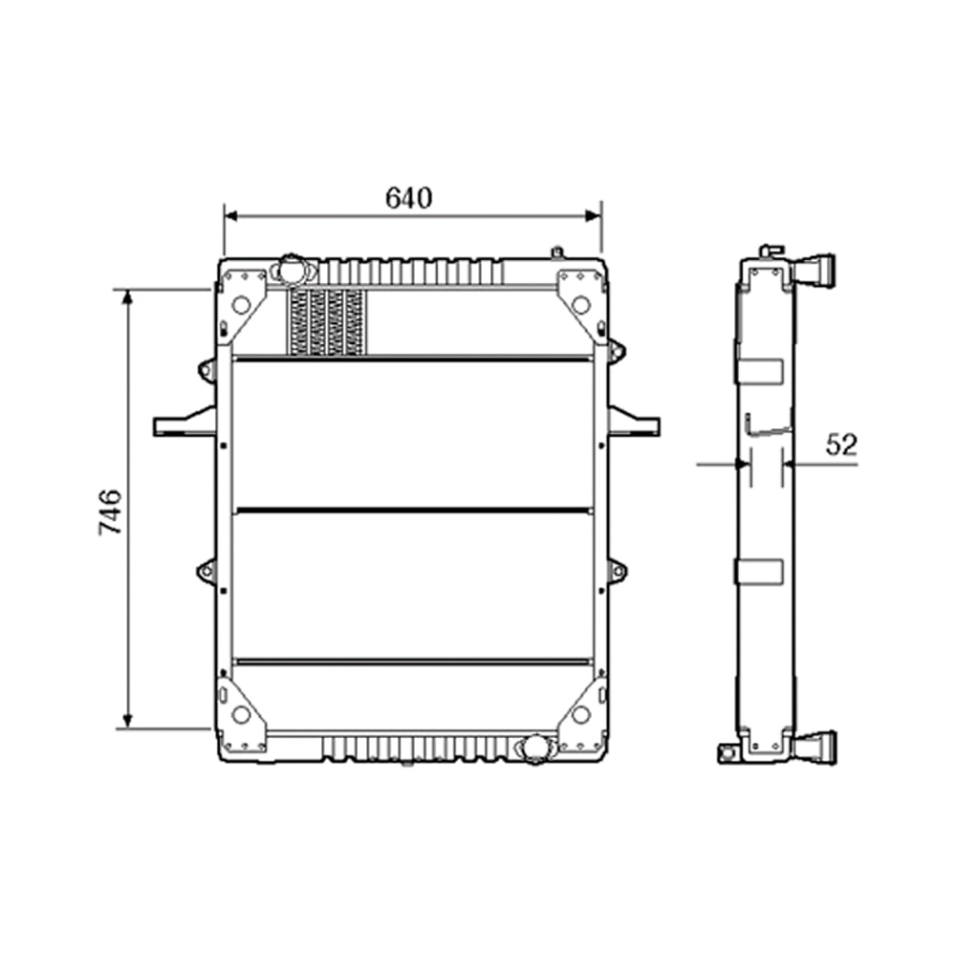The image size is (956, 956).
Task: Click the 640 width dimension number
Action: [x=409, y=197]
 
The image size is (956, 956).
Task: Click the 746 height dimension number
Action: [x=110, y=511]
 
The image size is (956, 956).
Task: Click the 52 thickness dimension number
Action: [x=841, y=445]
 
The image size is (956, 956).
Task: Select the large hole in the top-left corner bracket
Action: [x=241, y=305]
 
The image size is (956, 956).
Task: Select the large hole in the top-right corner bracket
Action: [x=580, y=305]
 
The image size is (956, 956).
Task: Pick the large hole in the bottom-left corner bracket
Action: [x=241, y=713]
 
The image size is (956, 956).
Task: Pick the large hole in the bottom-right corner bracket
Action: [x=580, y=713]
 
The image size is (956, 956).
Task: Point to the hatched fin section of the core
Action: [x=327, y=321]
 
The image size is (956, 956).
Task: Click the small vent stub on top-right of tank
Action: [x=555, y=252]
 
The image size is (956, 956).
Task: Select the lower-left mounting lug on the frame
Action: [x=206, y=572]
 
